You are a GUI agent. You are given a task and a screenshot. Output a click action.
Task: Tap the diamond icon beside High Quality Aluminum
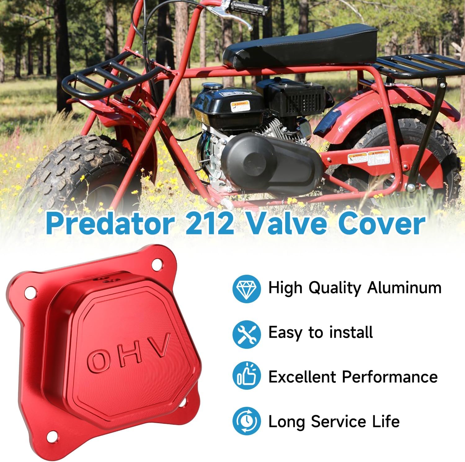tap(246, 288)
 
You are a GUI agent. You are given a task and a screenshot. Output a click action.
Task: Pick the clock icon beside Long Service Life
tap(246, 421)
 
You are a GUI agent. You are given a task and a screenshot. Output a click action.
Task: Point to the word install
tap(351, 332)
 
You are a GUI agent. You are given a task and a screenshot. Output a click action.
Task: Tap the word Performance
tap(390, 377)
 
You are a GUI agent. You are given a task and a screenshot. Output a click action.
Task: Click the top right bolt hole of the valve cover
tap(157, 265)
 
